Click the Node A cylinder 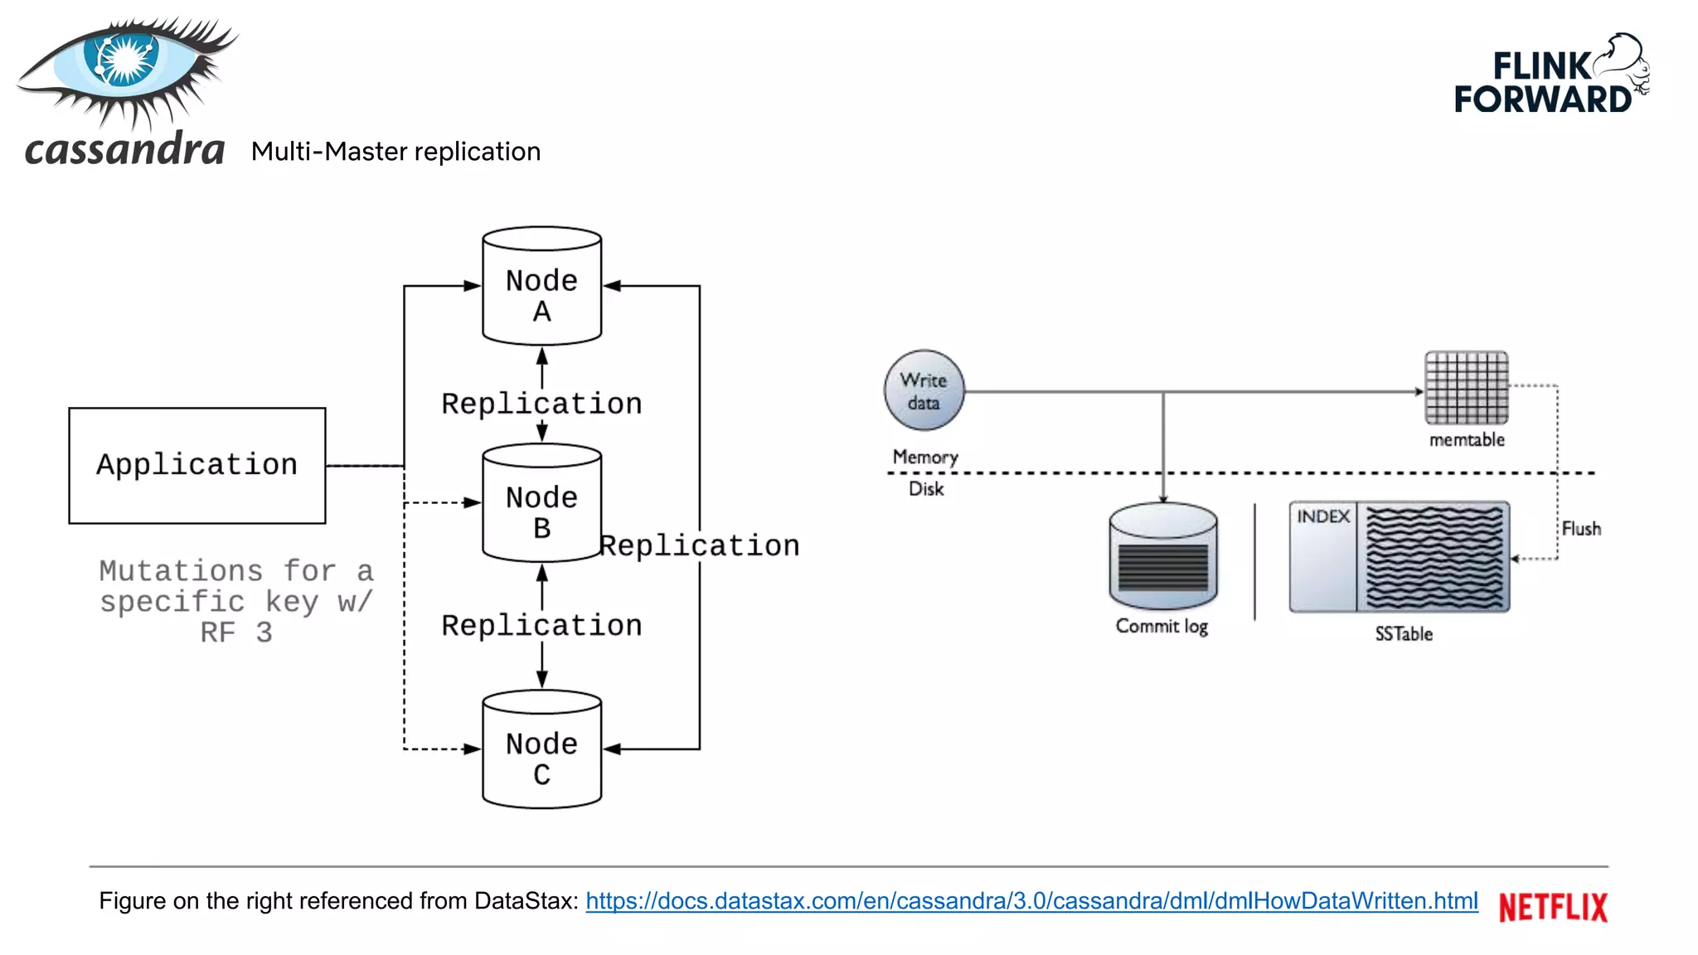tap(541, 286)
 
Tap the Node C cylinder tap(541, 750)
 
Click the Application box tap(197, 465)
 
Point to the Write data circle tap(924, 390)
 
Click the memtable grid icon tap(1466, 388)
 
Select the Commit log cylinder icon tap(1162, 558)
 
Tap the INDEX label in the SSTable tap(1323, 516)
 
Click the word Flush tap(1581, 529)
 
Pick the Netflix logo tap(1553, 907)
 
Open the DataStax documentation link tap(1031, 901)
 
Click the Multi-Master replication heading tap(395, 152)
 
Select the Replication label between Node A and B tap(541, 404)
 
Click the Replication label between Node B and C tap(541, 626)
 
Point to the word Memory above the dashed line tap(925, 457)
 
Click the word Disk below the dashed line tap(926, 488)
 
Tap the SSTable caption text tap(1404, 634)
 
